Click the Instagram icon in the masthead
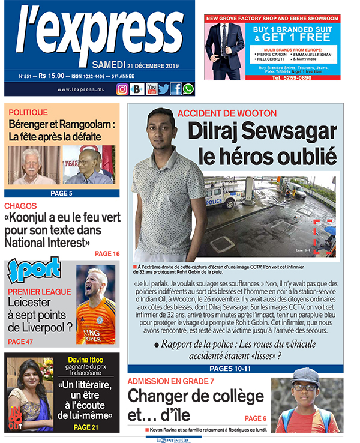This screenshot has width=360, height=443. click(122, 89)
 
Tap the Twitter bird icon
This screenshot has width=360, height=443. click(164, 89)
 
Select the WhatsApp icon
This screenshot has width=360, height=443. click(188, 89)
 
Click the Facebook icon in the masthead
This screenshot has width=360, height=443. click(176, 89)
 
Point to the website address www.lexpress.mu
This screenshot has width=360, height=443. click(82, 89)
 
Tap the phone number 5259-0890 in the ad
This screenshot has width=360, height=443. click(293, 78)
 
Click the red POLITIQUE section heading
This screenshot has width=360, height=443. click(28, 112)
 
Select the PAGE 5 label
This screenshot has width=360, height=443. click(61, 193)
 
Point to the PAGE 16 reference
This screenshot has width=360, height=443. click(107, 254)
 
